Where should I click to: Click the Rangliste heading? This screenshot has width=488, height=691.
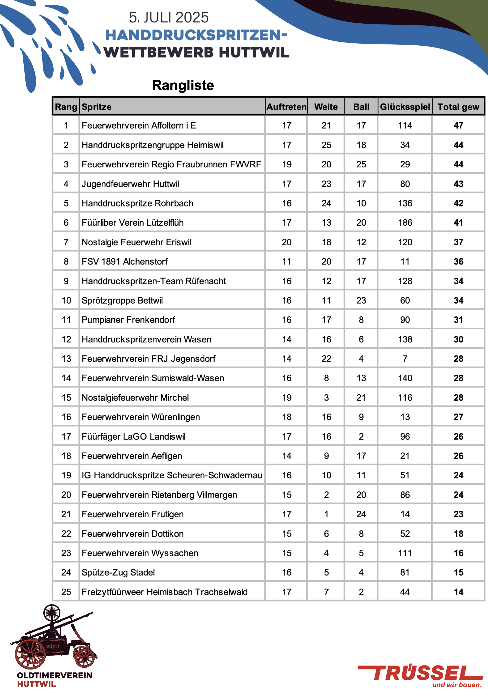pos(183,85)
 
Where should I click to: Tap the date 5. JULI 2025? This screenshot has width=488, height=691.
pos(169,18)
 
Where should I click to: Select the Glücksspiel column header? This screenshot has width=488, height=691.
pos(405,107)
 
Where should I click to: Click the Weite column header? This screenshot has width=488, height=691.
pos(326,107)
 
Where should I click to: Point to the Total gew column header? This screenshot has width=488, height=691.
pos(458,107)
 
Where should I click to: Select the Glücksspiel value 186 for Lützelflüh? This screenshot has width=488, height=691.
pos(405,223)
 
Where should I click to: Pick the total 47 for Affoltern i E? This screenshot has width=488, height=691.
pos(458,125)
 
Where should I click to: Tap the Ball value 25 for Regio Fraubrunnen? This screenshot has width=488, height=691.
pos(361,164)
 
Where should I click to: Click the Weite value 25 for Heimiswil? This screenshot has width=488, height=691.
pos(326,145)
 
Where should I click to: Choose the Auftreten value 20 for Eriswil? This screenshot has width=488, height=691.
pos(287,242)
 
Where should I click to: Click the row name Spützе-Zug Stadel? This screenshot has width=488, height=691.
pos(118,572)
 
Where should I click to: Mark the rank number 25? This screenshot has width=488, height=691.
pos(66,592)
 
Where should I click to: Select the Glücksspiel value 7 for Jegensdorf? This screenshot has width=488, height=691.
pos(405,359)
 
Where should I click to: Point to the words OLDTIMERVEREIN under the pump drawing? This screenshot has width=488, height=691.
pos(55,675)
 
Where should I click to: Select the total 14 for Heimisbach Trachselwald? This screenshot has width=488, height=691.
pos(458,592)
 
